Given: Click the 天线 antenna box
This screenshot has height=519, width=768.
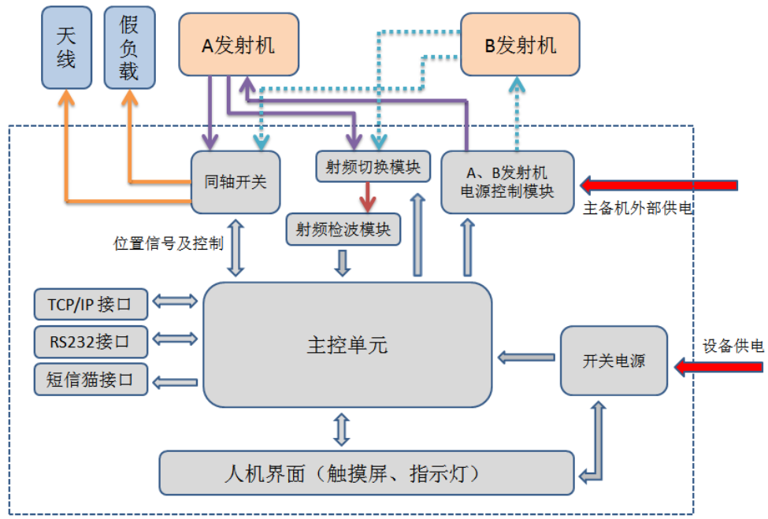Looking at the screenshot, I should point(66,47).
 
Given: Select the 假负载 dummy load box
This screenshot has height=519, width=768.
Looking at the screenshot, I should point(129,47).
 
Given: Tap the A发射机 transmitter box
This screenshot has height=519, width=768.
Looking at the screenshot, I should point(239,46).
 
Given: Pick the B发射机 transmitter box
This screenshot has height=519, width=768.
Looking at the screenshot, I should point(520,46).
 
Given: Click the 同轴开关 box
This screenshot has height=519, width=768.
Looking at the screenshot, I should point(236,182).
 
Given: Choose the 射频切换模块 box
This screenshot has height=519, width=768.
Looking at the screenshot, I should point(373,166).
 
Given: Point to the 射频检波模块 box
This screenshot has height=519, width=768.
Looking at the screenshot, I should point(343,229).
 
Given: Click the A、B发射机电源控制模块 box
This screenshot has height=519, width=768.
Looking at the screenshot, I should point(507,182).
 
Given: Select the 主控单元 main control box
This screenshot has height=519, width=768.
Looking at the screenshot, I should point(347,345).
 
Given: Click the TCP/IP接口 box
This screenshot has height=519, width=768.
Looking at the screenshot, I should point(91,303).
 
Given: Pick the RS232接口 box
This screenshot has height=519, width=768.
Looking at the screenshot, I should point(91,342).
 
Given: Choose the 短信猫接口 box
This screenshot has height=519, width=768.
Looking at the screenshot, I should point(91,380).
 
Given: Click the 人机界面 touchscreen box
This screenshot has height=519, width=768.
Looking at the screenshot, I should point(366,473).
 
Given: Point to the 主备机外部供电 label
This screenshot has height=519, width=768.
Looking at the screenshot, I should point(637,209).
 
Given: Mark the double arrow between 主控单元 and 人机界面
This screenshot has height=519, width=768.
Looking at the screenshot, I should point(342,429).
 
